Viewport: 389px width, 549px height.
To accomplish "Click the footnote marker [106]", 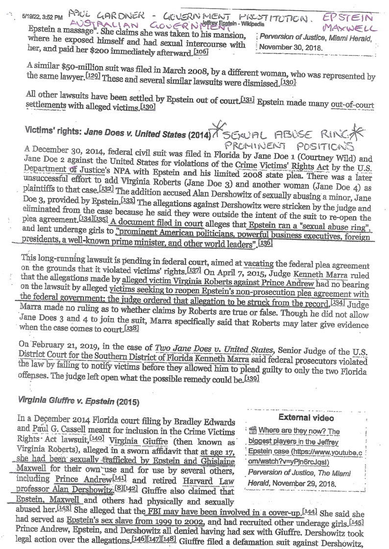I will click(x=203, y=52).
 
